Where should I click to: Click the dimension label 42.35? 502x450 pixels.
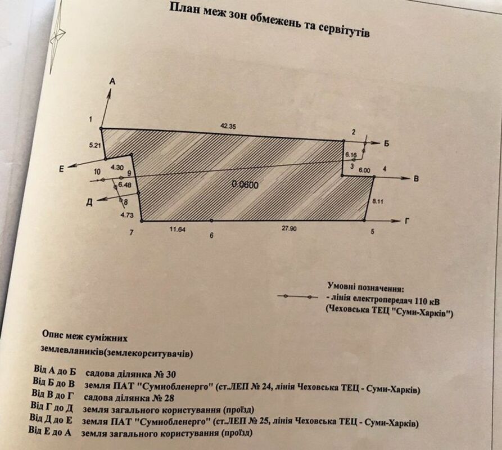click(x=228, y=126)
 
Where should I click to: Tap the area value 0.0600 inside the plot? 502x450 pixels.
click(x=245, y=184)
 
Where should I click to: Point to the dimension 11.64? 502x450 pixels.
click(x=178, y=229)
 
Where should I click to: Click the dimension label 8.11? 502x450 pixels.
click(x=378, y=201)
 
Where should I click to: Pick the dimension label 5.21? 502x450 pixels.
click(x=95, y=145)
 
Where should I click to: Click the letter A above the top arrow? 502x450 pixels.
click(x=112, y=82)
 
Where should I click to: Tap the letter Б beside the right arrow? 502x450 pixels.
click(x=386, y=144)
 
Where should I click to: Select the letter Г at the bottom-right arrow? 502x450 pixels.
click(x=407, y=220)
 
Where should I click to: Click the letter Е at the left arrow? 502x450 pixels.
click(x=61, y=169)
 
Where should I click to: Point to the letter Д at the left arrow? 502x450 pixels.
click(x=89, y=202)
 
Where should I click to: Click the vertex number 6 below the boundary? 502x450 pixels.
click(x=211, y=236)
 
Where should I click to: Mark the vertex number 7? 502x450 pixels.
click(x=131, y=232)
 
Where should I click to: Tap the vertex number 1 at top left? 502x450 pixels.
click(x=91, y=119)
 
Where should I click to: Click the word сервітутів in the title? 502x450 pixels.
click(x=344, y=29)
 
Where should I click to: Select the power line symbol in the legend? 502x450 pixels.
click(x=297, y=296)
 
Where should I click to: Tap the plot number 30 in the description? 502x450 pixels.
click(x=170, y=375)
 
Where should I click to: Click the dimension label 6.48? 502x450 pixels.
click(x=124, y=185)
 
